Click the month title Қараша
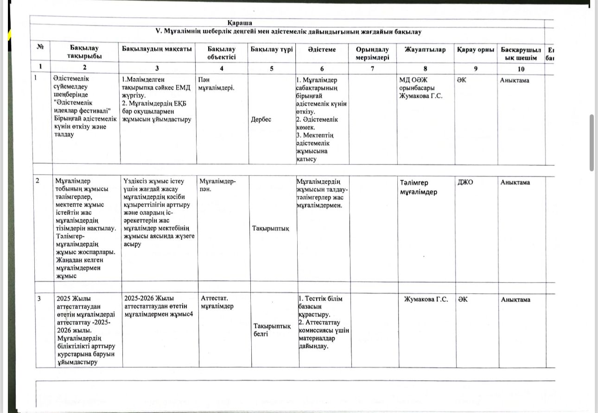click(x=240, y=23)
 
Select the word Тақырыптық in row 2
click(x=270, y=228)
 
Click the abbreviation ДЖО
click(x=465, y=182)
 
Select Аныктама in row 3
click(x=515, y=300)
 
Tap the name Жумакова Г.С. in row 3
click(x=426, y=300)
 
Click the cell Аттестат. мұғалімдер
click(x=217, y=302)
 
